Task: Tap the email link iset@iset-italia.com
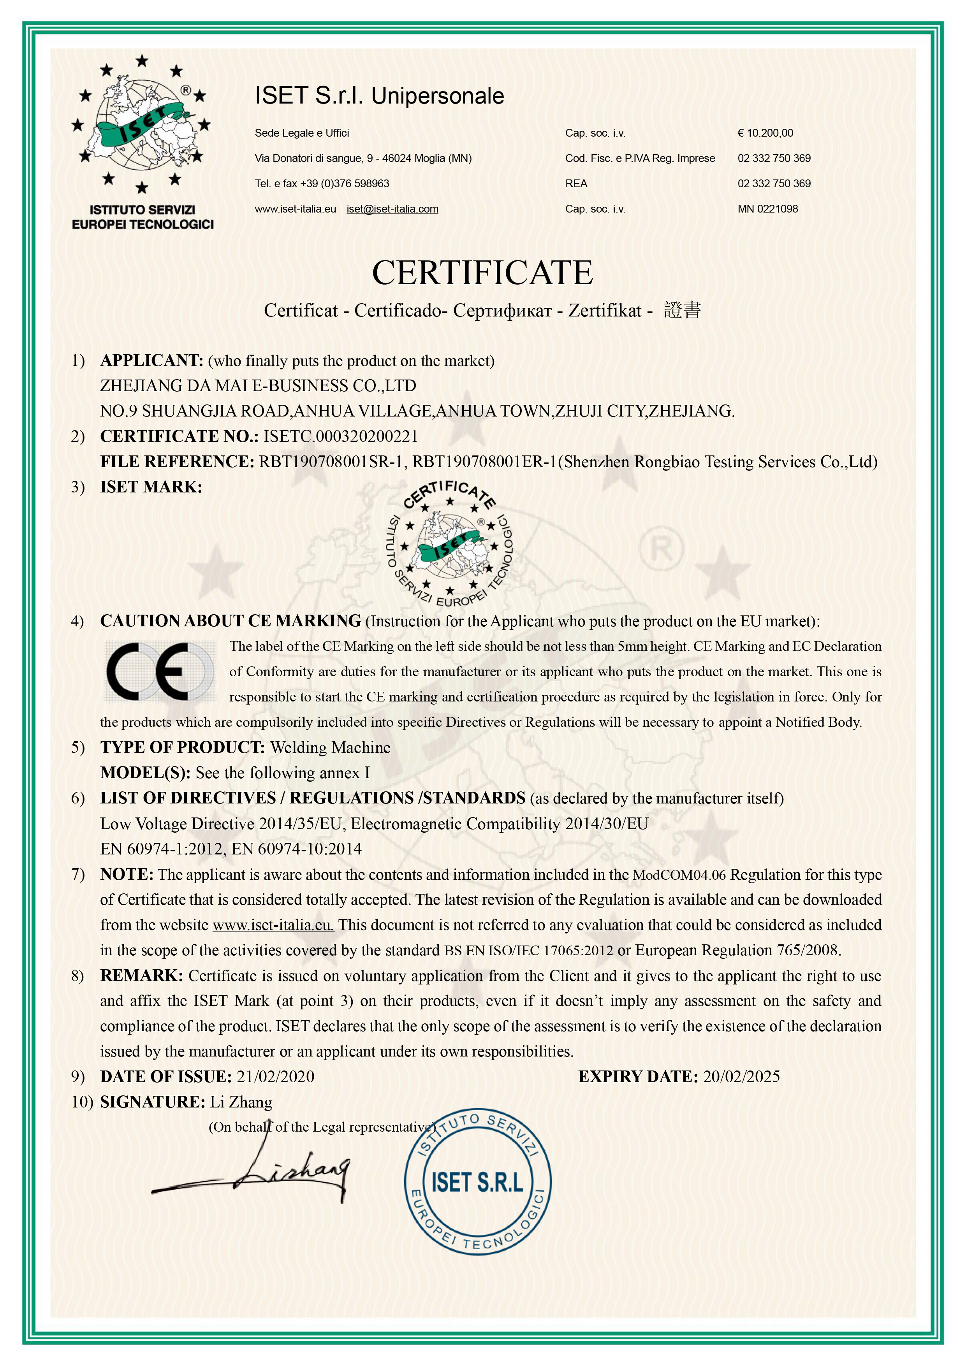[392, 209]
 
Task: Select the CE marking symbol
[159, 671]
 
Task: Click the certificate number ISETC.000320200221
[341, 436]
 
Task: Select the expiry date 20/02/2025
[741, 1077]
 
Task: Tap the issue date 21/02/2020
[275, 1077]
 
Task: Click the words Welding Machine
[330, 747]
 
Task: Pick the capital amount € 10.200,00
[765, 133]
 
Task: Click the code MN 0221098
[767, 209]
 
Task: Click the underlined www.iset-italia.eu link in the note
[273, 925]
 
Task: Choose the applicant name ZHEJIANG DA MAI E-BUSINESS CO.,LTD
[258, 386]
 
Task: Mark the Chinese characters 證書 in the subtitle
[682, 310]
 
